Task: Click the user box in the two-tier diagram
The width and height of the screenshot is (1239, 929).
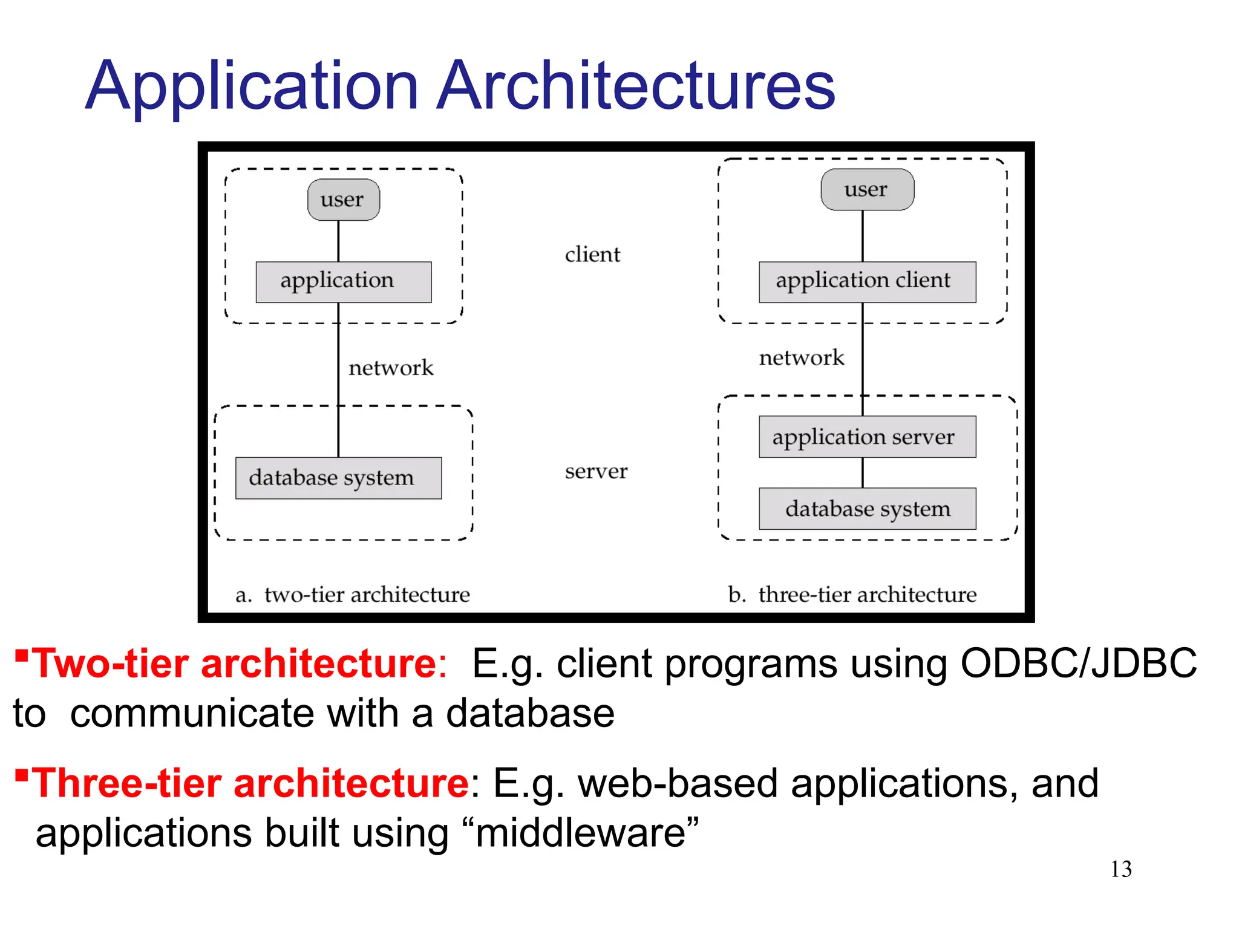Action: (343, 200)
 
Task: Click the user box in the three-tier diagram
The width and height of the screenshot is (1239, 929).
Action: (866, 189)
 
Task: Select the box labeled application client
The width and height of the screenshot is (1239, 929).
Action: (866, 282)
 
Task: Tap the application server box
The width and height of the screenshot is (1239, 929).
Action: (866, 436)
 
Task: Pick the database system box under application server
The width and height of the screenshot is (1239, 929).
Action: (866, 509)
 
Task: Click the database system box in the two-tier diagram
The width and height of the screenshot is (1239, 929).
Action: (338, 478)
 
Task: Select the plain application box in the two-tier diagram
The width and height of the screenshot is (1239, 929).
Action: (343, 282)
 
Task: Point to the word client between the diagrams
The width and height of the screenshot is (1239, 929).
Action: (592, 255)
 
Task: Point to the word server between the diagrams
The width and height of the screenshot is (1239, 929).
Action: (596, 471)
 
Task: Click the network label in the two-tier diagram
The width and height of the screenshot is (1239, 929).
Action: (391, 368)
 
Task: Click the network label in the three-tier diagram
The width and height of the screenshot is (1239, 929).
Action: (801, 357)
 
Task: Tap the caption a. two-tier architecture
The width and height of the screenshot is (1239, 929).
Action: (353, 595)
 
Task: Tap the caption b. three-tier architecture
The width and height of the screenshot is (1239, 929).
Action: (852, 595)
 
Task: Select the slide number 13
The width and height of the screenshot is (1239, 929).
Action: (1120, 869)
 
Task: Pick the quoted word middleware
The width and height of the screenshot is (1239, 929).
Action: (580, 833)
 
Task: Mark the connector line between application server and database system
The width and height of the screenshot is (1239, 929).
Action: (862, 472)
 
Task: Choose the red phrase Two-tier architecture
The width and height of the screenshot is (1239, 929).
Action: (234, 663)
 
